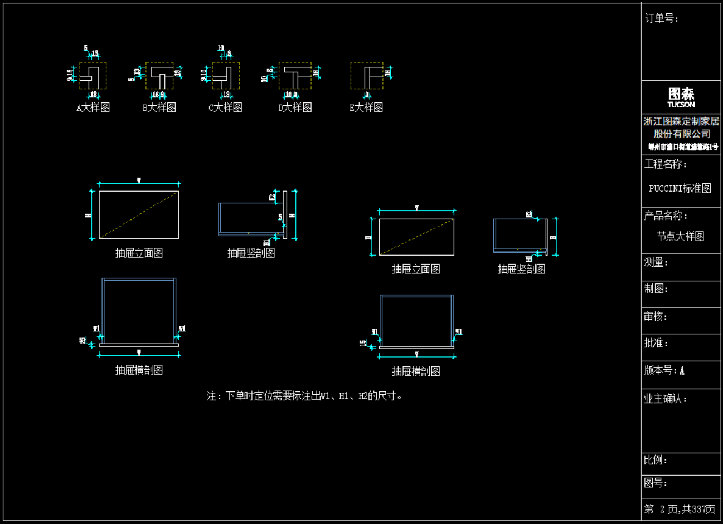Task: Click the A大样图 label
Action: (93, 107)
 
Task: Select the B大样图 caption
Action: (159, 107)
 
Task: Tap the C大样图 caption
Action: (225, 107)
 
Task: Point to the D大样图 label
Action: (295, 107)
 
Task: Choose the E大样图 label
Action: (366, 107)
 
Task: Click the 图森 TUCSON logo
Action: (681, 97)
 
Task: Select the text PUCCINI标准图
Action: (680, 188)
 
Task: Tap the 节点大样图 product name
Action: (680, 236)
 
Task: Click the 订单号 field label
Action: (662, 18)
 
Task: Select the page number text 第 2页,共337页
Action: (680, 509)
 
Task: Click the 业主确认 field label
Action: (666, 399)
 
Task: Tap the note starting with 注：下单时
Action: (305, 396)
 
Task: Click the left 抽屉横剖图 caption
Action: (139, 370)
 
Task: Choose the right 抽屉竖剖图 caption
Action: (521, 269)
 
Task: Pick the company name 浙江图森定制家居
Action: (681, 121)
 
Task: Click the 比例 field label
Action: (656, 460)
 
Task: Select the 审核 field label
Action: (656, 316)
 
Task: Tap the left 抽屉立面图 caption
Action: (139, 253)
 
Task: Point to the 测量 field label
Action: (656, 262)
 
